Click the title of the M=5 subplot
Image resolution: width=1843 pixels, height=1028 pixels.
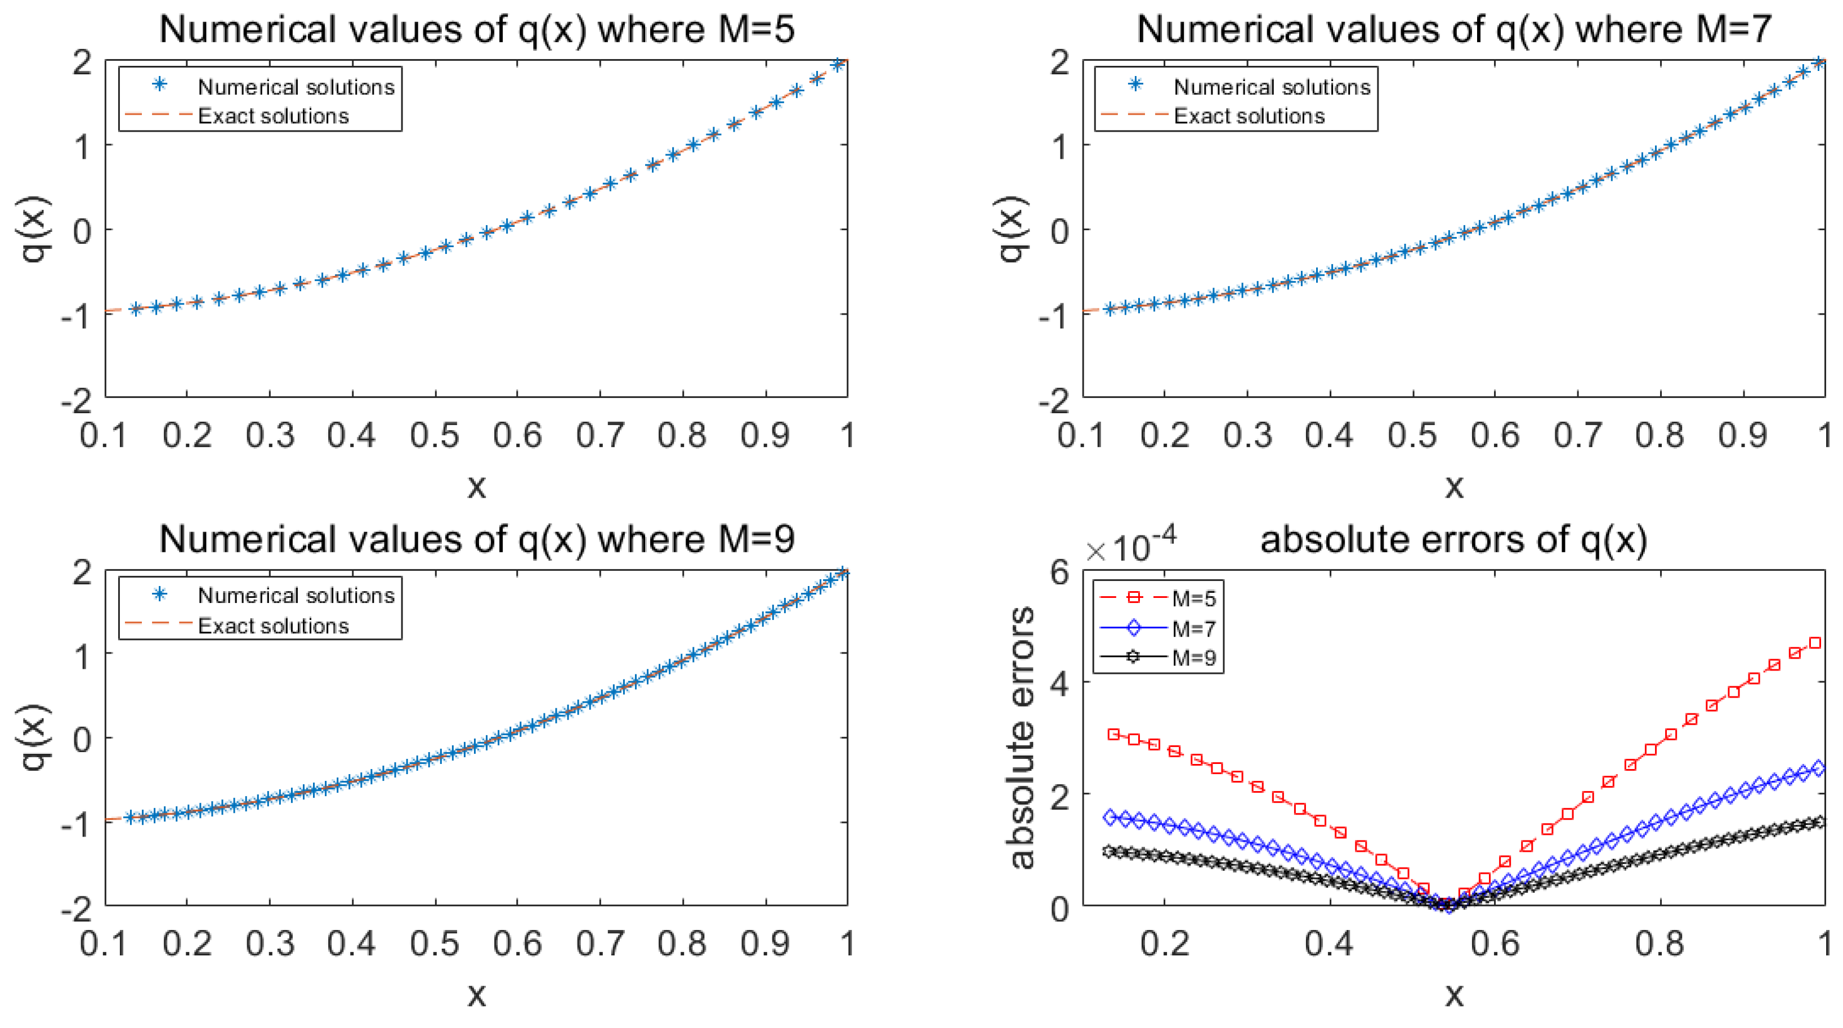click(476, 30)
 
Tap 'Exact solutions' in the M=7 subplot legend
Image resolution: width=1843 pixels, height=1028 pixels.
click(1249, 116)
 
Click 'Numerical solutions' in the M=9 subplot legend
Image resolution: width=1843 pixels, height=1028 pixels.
click(296, 595)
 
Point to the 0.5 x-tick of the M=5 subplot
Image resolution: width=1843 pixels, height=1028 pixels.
click(434, 436)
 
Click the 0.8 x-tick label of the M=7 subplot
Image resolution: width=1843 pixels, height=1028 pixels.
click(1660, 436)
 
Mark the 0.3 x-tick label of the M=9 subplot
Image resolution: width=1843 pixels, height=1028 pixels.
click(270, 944)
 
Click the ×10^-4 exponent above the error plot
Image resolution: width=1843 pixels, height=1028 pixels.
click(1131, 547)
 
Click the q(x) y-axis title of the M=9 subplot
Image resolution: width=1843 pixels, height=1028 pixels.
click(34, 738)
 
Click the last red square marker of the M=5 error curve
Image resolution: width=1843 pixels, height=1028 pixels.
click(1815, 643)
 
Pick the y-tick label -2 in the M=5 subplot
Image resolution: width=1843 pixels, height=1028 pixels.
click(77, 401)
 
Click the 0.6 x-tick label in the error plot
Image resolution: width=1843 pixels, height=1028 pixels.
click(1495, 944)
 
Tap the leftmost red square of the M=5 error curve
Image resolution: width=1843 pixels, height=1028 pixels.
click(1113, 735)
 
